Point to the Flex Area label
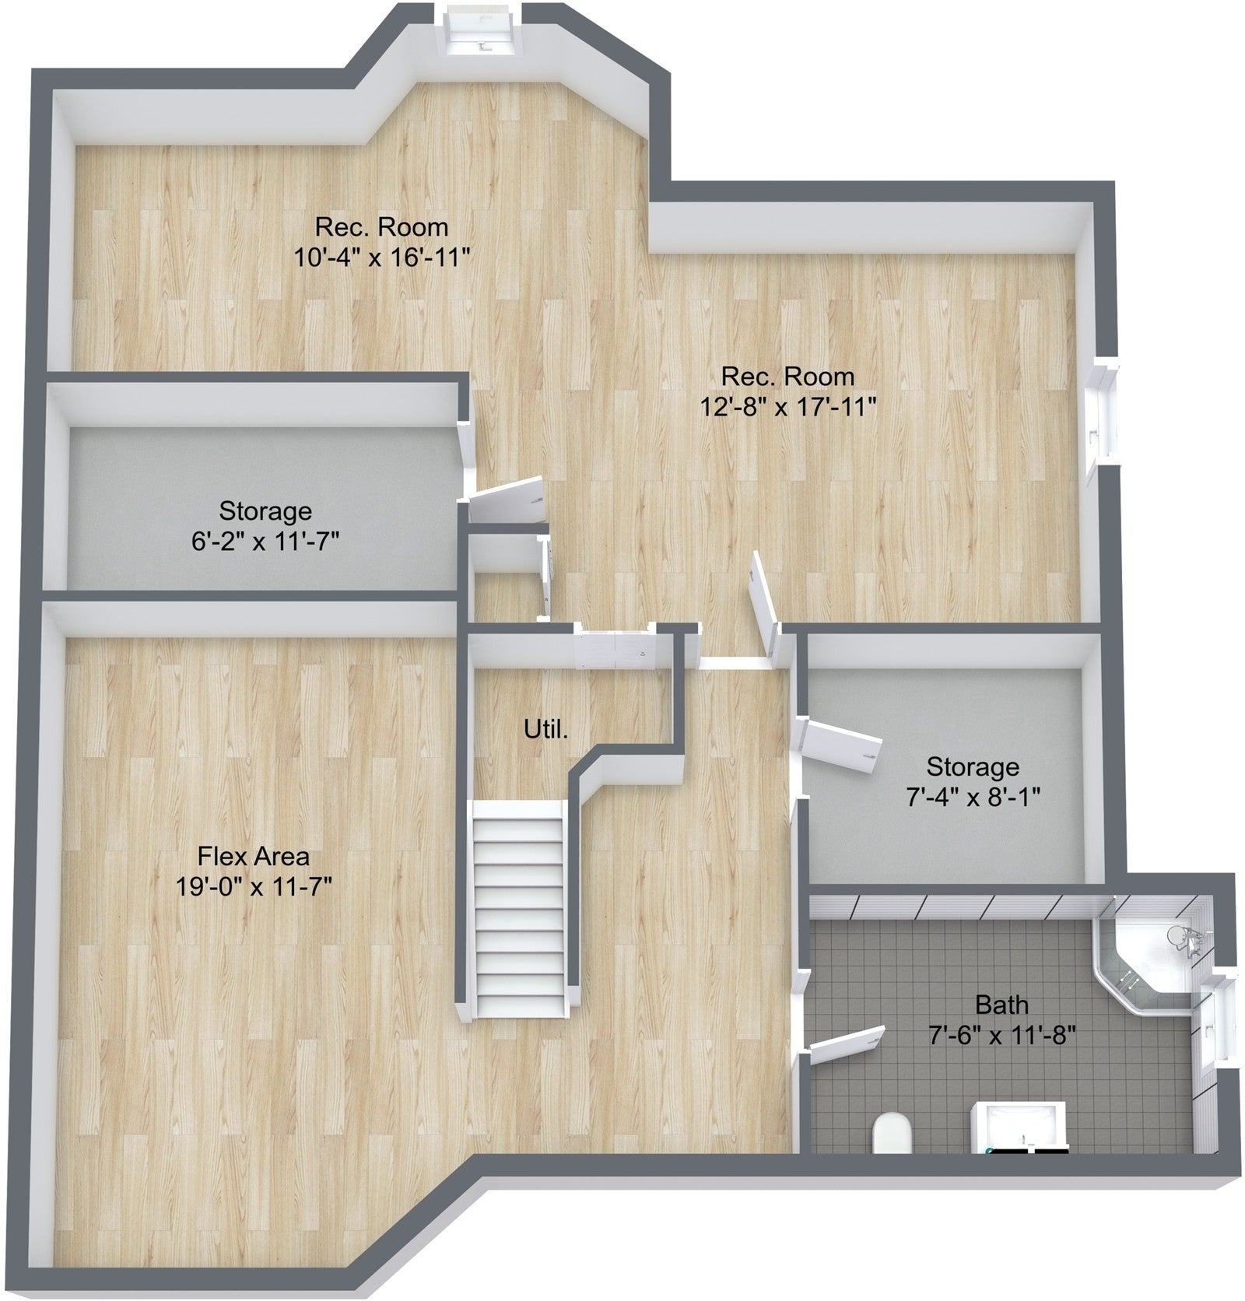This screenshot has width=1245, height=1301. [x=254, y=856]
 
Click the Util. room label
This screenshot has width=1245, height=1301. [x=545, y=730]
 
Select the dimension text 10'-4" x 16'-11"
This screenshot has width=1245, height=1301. [x=382, y=256]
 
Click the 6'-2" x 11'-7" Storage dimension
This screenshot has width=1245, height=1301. [x=265, y=540]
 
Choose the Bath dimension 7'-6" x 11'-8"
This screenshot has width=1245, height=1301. [x=1001, y=1035]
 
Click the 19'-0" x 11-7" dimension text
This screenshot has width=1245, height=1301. [x=254, y=885]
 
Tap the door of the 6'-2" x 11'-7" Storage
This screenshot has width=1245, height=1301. [x=507, y=498]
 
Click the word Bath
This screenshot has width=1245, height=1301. [x=1001, y=1005]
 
